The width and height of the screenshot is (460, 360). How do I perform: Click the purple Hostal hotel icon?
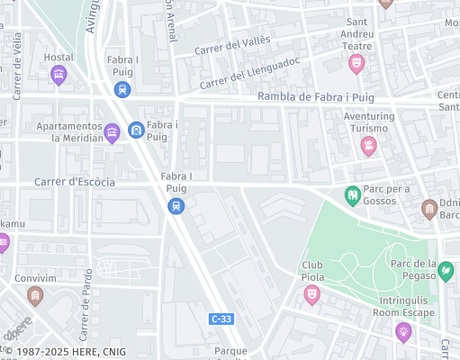click(x=59, y=76)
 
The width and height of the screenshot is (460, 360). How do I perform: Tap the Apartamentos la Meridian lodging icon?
click(x=112, y=133)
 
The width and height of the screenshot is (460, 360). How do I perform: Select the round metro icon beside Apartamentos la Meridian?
click(x=135, y=130)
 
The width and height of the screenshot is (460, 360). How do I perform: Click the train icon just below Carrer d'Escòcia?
click(x=176, y=207)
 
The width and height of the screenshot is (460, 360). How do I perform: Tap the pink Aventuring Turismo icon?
click(x=368, y=146)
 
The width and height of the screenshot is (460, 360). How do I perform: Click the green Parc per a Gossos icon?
click(x=353, y=194)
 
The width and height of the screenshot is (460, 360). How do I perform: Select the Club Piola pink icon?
click(x=312, y=294)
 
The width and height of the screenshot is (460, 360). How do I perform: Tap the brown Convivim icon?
click(x=35, y=295)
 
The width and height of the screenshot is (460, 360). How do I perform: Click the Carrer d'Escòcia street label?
click(x=75, y=182)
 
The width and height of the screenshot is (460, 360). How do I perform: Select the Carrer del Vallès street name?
click(x=231, y=44)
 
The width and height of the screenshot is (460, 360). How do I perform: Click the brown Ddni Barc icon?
click(x=430, y=209)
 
